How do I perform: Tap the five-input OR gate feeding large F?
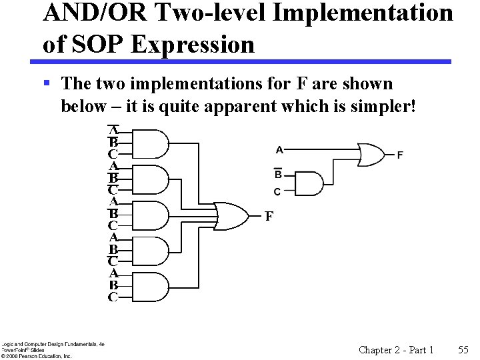(x=229, y=215)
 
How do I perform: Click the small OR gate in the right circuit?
(x=371, y=154)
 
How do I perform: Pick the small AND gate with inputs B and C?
(x=308, y=183)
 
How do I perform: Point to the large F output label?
(x=269, y=216)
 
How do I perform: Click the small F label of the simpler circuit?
(x=400, y=155)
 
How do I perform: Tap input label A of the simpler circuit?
(x=279, y=149)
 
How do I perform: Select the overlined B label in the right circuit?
(x=278, y=174)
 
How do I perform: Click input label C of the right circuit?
(x=278, y=191)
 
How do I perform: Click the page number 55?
(x=464, y=349)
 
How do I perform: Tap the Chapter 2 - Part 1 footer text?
(x=396, y=349)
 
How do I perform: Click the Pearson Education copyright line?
(x=36, y=356)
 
